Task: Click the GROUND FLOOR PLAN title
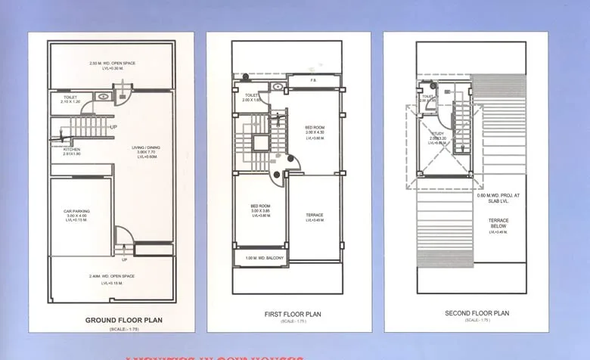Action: pyautogui.click(x=123, y=320)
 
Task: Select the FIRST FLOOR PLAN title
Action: pyautogui.click(x=293, y=314)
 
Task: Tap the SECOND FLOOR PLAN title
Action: pyautogui.click(x=477, y=313)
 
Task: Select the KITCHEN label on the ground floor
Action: pyautogui.click(x=72, y=150)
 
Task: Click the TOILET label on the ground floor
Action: pyautogui.click(x=70, y=98)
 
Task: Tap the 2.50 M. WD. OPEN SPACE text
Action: pyautogui.click(x=112, y=63)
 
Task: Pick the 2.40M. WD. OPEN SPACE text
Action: pyautogui.click(x=112, y=276)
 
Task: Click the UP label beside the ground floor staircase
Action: pyautogui.click(x=114, y=126)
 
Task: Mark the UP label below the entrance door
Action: pyautogui.click(x=125, y=259)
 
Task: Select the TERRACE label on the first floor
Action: pyautogui.click(x=315, y=216)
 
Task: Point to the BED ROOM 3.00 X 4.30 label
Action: pyautogui.click(x=315, y=128)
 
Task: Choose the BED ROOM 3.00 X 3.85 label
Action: pyautogui.click(x=260, y=206)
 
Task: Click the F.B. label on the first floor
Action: pyautogui.click(x=313, y=79)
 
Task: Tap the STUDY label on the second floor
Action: pyautogui.click(x=436, y=134)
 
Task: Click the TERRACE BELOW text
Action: pyautogui.click(x=498, y=223)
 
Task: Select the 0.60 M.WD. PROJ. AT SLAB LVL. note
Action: pyautogui.click(x=498, y=198)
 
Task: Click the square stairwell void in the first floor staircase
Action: pyautogui.click(x=259, y=143)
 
